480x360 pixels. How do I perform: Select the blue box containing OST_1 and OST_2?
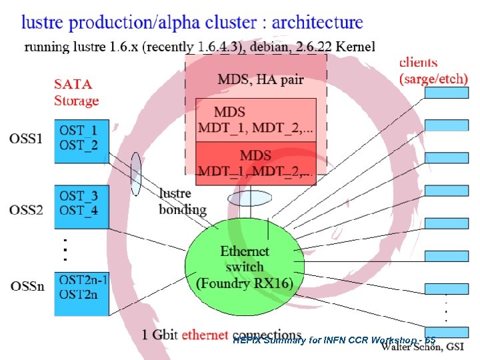click(x=81, y=141)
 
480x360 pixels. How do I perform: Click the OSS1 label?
click(x=27, y=139)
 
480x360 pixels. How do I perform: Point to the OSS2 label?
click(x=27, y=210)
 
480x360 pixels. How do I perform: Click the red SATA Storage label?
click(x=76, y=93)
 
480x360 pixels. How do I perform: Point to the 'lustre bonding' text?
click(x=182, y=201)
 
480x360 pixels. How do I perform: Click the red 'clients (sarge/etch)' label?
click(x=433, y=70)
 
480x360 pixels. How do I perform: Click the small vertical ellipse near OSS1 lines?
click(x=136, y=173)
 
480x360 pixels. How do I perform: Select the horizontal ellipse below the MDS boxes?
click(x=246, y=199)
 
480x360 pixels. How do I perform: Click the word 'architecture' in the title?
click(x=308, y=22)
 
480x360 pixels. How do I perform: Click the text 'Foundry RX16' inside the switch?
click(x=245, y=282)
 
